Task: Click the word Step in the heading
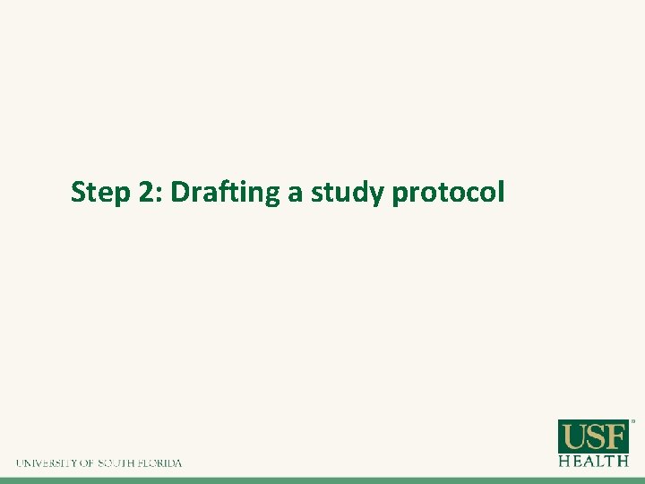[100, 193]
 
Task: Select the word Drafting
[225, 193]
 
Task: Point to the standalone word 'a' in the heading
[296, 194]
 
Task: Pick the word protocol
[449, 194]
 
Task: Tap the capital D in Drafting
[179, 192]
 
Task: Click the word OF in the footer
[88, 463]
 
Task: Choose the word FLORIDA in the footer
[161, 463]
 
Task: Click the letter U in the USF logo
[574, 436]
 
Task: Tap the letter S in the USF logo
[595, 436]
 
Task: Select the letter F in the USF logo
[615, 436]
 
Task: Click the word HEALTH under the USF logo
[594, 461]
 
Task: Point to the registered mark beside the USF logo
[633, 420]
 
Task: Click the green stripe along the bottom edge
[322, 480]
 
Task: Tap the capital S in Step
[78, 192]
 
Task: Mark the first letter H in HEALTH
[564, 461]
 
